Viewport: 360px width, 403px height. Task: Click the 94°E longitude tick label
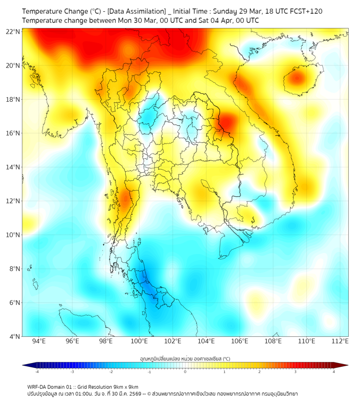pos(39,341)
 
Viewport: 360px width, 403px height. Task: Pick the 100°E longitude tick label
pos(140,341)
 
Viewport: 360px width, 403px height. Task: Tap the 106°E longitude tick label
pos(240,341)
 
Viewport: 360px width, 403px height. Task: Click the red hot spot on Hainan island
pos(296,79)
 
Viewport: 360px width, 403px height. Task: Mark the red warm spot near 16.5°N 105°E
pos(228,122)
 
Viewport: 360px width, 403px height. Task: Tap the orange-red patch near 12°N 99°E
pos(126,200)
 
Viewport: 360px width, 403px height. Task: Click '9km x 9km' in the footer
pos(126,386)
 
